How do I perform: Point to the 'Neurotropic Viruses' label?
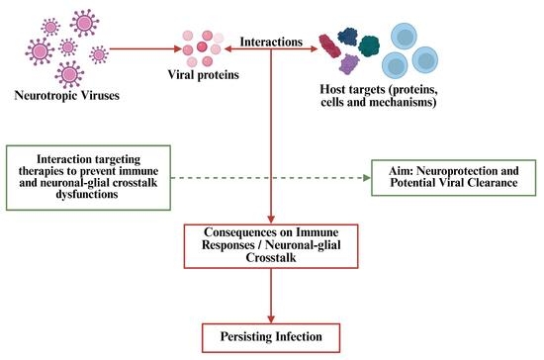pos(67,95)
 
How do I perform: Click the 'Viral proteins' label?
pos(204,75)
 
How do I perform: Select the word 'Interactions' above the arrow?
pos(271,42)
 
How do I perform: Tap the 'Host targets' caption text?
pos(379,96)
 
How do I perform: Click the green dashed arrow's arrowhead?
pos(367,178)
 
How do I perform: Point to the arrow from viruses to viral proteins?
pos(145,48)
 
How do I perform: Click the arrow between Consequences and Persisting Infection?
pos(271,296)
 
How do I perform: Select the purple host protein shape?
pos(349,64)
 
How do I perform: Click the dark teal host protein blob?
pos(369,45)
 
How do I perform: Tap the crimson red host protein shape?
pos(329,45)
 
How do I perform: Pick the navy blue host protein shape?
pos(347,37)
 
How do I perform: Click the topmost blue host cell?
pos(404,37)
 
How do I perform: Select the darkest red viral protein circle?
pos(202,46)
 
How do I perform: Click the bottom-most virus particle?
pos(69,74)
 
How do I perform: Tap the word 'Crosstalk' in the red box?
pos(271,258)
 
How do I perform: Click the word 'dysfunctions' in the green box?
pos(87,194)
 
